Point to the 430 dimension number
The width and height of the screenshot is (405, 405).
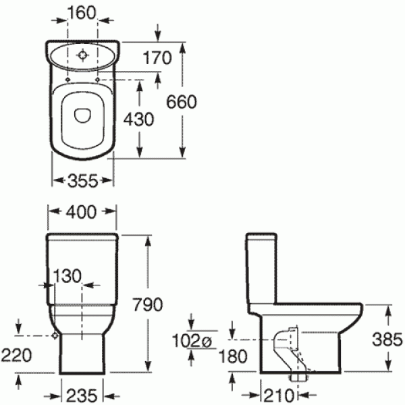point(140,119)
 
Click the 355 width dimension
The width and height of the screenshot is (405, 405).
point(82,180)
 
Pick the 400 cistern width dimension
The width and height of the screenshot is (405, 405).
point(82,213)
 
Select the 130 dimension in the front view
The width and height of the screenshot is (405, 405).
point(66,275)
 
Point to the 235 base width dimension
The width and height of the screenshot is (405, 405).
point(83,394)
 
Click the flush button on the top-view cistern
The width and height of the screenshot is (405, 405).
point(82,55)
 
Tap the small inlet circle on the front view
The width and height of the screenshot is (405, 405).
point(53,335)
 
